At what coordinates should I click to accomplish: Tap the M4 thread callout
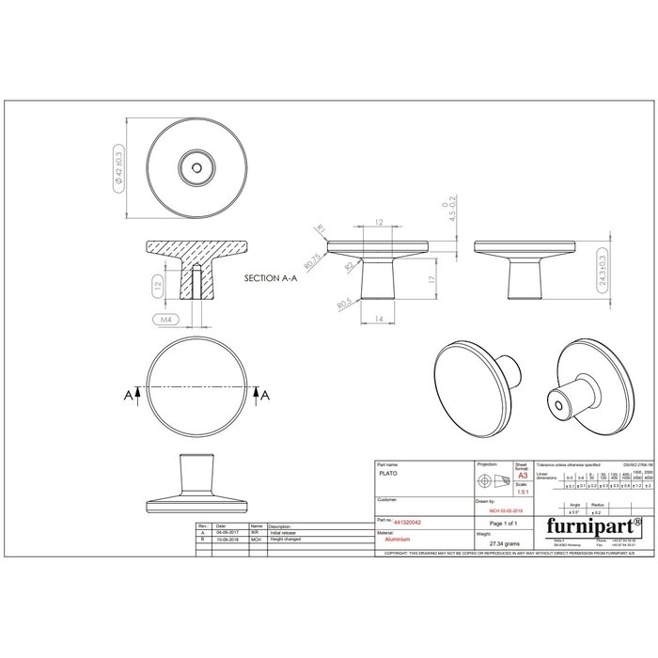point(164,320)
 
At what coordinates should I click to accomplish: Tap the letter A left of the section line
point(126,396)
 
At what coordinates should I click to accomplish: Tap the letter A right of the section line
point(267,396)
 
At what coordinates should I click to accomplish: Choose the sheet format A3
point(523,477)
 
